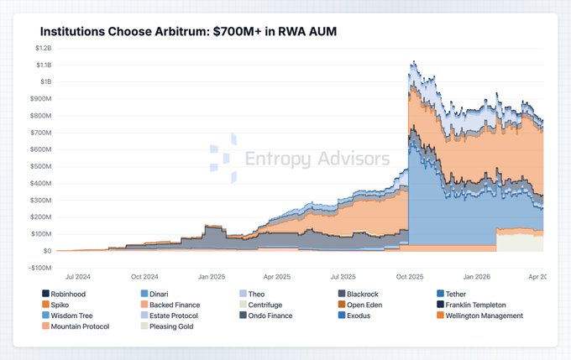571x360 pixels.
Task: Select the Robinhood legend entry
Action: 70,293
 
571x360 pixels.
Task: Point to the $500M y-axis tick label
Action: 39,166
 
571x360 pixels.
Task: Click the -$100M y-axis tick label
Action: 38,268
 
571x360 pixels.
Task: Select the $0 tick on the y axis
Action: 45,251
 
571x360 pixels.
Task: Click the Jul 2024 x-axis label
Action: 78,276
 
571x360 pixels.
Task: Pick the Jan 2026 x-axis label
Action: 474,276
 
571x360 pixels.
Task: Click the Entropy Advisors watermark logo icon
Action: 223,158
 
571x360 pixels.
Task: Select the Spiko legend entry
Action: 61,305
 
